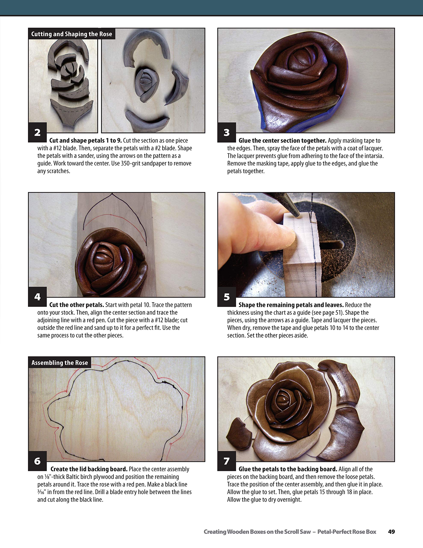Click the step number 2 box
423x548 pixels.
click(x=37, y=132)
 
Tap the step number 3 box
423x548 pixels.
click(x=227, y=132)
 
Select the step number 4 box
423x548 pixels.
click(x=37, y=296)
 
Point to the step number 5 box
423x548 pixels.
click(x=227, y=296)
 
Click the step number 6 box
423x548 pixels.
click(x=37, y=461)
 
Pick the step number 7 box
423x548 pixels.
click(x=227, y=461)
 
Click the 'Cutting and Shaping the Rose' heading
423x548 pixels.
click(x=71, y=34)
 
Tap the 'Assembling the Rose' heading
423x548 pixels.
click(x=60, y=363)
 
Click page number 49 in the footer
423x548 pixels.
click(x=391, y=532)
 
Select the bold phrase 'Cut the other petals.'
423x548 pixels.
click(x=77, y=305)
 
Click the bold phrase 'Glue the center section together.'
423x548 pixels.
click(x=282, y=140)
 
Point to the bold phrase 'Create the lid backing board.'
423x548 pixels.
click(x=89, y=469)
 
